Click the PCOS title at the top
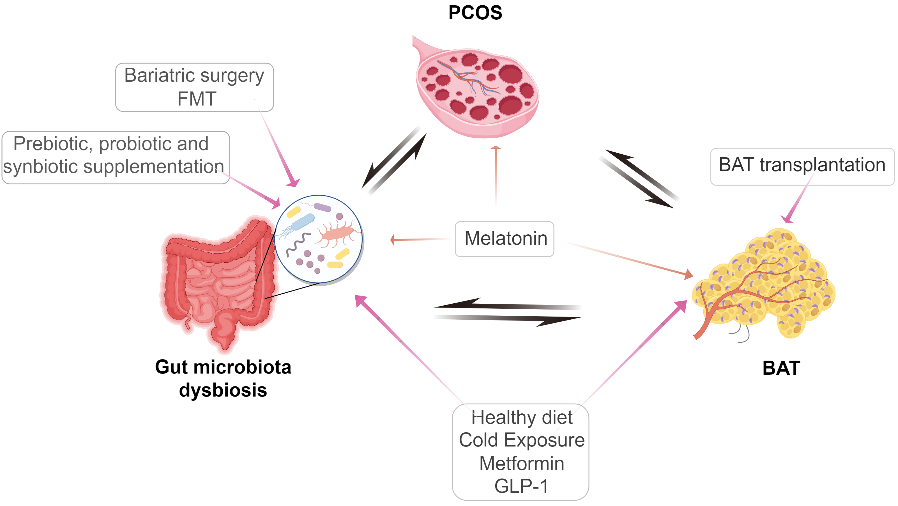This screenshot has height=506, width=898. pyautogui.click(x=475, y=13)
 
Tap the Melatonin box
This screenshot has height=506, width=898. pyautogui.click(x=505, y=239)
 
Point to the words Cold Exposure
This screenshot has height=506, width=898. pyautogui.click(x=522, y=440)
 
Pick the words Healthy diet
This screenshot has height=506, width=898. pyautogui.click(x=522, y=417)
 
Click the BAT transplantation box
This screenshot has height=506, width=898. pyautogui.click(x=802, y=166)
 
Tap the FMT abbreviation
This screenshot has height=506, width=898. pyautogui.click(x=197, y=99)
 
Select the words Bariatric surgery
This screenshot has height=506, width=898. pyautogui.click(x=194, y=75)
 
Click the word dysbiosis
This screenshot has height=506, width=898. pyautogui.click(x=223, y=390)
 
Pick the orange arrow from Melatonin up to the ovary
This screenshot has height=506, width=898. pyautogui.click(x=495, y=174)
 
